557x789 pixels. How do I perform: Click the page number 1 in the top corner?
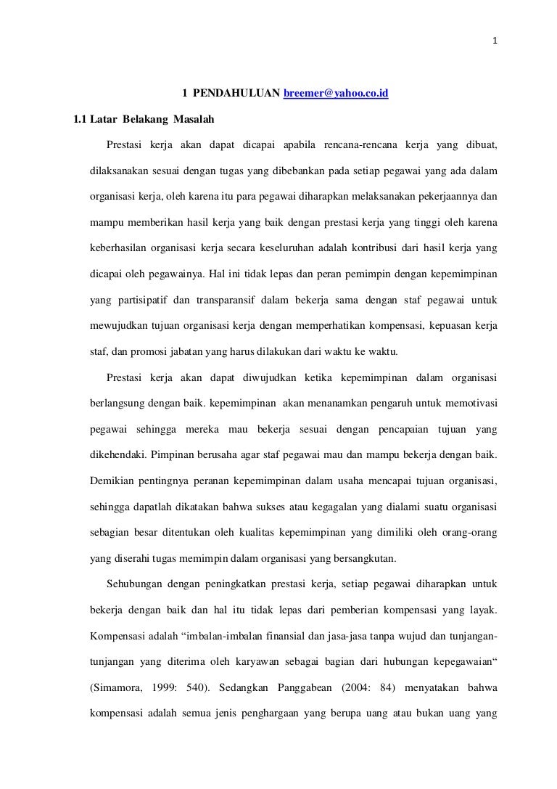(x=495, y=20)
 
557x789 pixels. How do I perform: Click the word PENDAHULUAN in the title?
(x=236, y=94)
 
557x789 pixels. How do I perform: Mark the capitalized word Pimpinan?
(x=175, y=454)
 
